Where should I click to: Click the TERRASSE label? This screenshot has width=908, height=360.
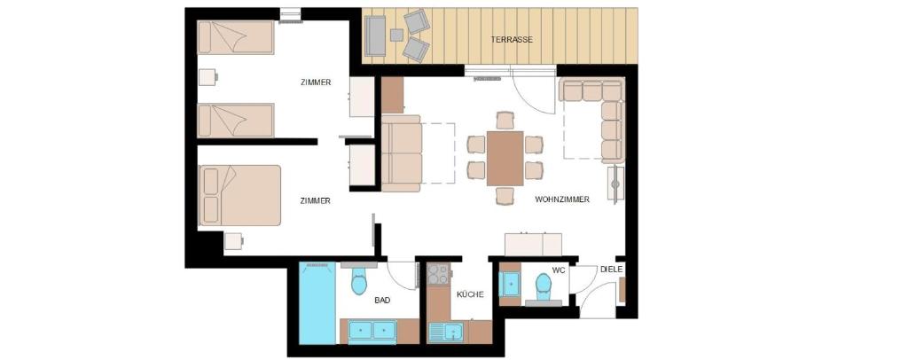(x=512, y=40)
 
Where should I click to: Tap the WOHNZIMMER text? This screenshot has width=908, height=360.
(x=561, y=200)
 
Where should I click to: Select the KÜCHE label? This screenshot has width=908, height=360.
(x=470, y=294)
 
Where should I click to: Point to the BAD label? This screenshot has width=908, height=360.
(x=382, y=300)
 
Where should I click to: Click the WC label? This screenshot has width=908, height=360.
(x=559, y=270)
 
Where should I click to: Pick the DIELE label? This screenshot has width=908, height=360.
(x=612, y=270)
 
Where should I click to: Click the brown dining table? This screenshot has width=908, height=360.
(x=505, y=159)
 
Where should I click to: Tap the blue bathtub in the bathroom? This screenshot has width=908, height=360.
(x=317, y=303)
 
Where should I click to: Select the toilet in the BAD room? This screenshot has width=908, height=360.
(x=359, y=281)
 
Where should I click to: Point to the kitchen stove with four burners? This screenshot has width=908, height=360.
(x=438, y=274)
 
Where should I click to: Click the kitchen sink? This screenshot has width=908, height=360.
(x=446, y=333)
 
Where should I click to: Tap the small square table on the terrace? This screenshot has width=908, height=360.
(x=396, y=35)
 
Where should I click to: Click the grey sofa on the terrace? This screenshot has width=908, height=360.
(x=375, y=35)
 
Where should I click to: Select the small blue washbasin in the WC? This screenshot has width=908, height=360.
(x=510, y=284)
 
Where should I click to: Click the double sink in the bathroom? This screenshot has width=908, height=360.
(x=372, y=331)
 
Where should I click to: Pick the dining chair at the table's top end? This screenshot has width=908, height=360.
(x=505, y=121)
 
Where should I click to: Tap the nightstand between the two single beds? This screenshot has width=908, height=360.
(x=207, y=77)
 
